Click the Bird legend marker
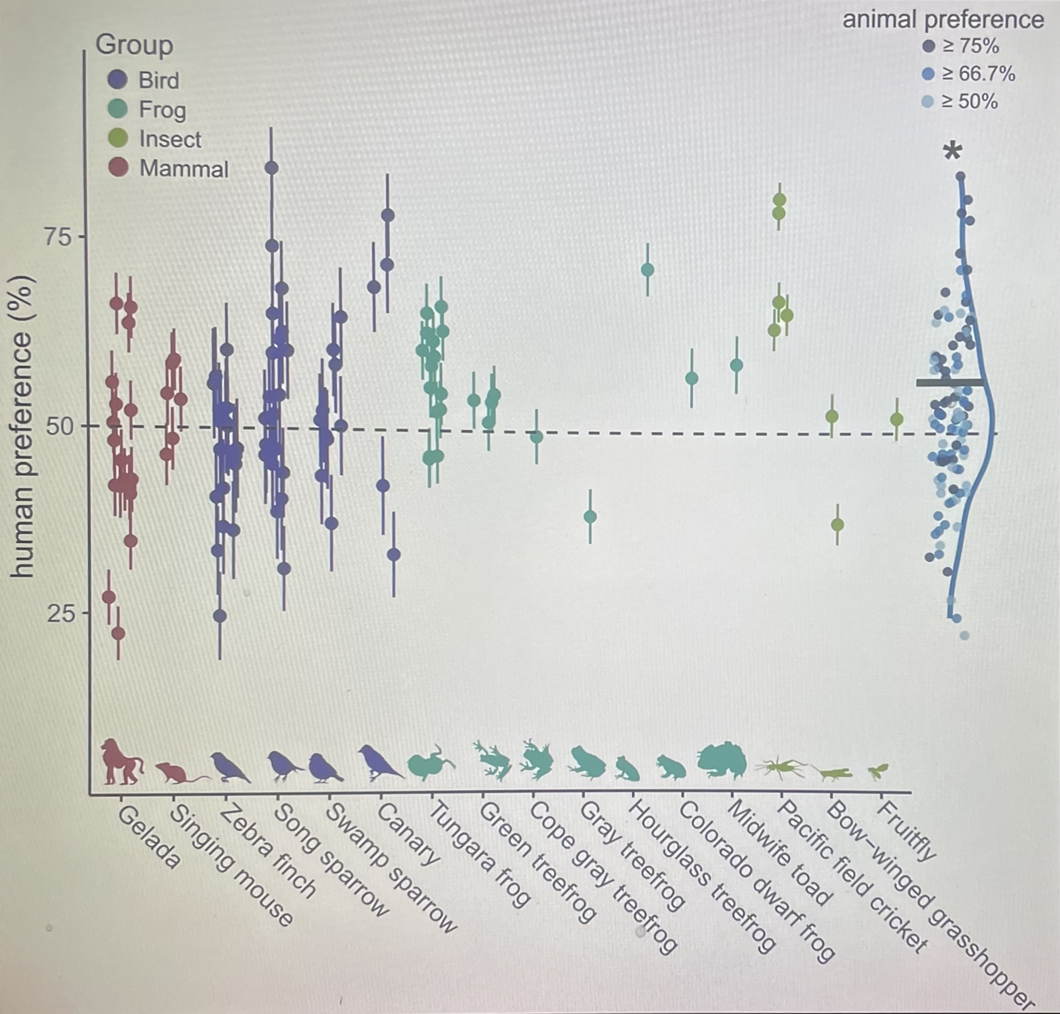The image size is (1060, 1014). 118,80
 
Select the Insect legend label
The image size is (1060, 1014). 170,140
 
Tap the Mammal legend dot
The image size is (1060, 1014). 118,168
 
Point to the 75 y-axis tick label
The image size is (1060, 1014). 58,237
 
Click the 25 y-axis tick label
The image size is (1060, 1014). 58,613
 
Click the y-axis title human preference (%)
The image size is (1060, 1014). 23,427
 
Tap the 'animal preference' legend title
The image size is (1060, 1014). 943,20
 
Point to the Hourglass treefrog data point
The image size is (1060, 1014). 647,270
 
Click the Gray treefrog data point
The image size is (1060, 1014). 591,517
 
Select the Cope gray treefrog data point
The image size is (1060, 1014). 536,437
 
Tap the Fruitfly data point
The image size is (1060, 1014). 897,420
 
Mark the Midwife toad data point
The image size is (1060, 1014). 736,365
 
